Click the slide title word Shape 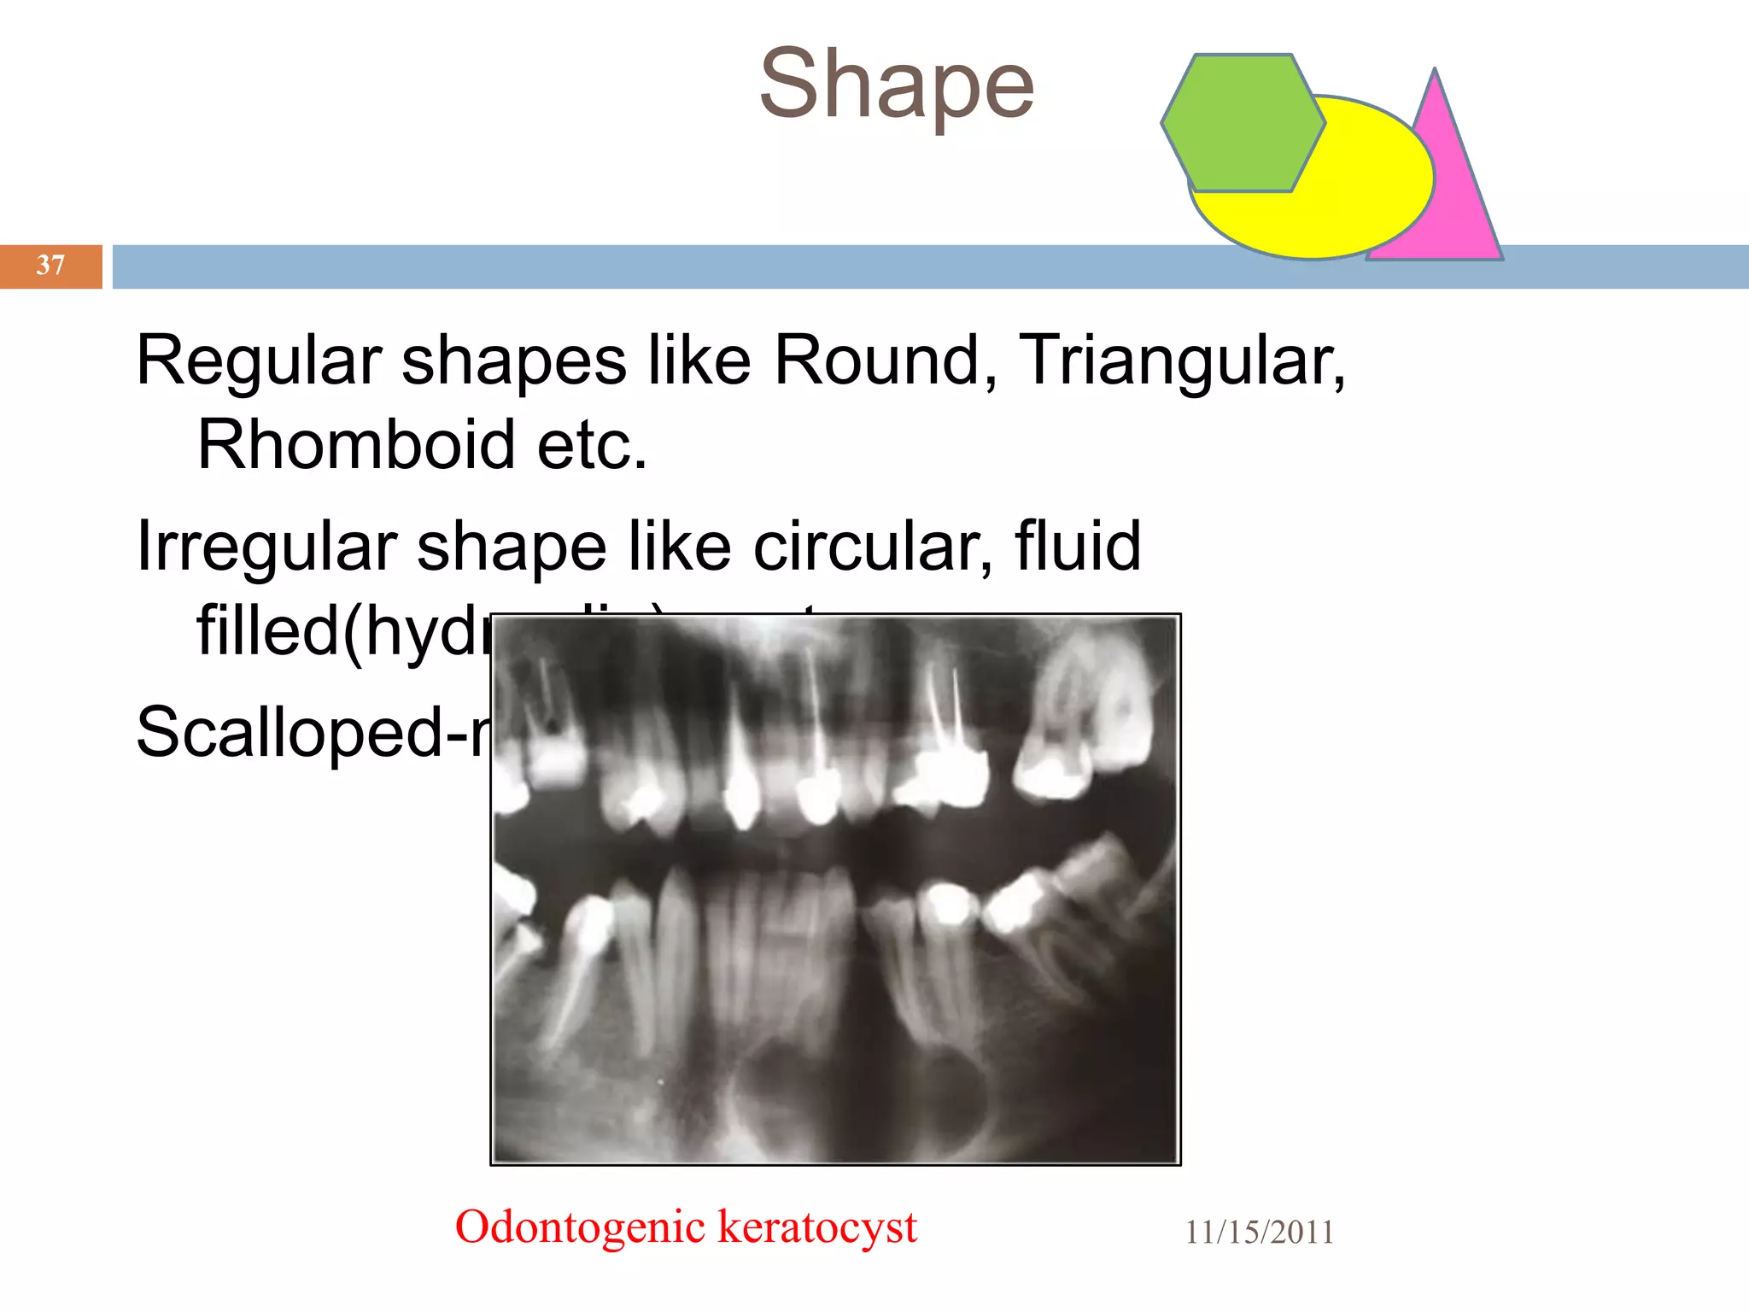click(x=896, y=85)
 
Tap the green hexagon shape click(x=1243, y=123)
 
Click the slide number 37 click(x=50, y=266)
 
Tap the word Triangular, click(x=1182, y=361)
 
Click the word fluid click(x=1078, y=547)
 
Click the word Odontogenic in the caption click(x=580, y=1227)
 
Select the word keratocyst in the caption click(x=817, y=1227)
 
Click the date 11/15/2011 click(x=1259, y=1233)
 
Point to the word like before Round click(x=699, y=361)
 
